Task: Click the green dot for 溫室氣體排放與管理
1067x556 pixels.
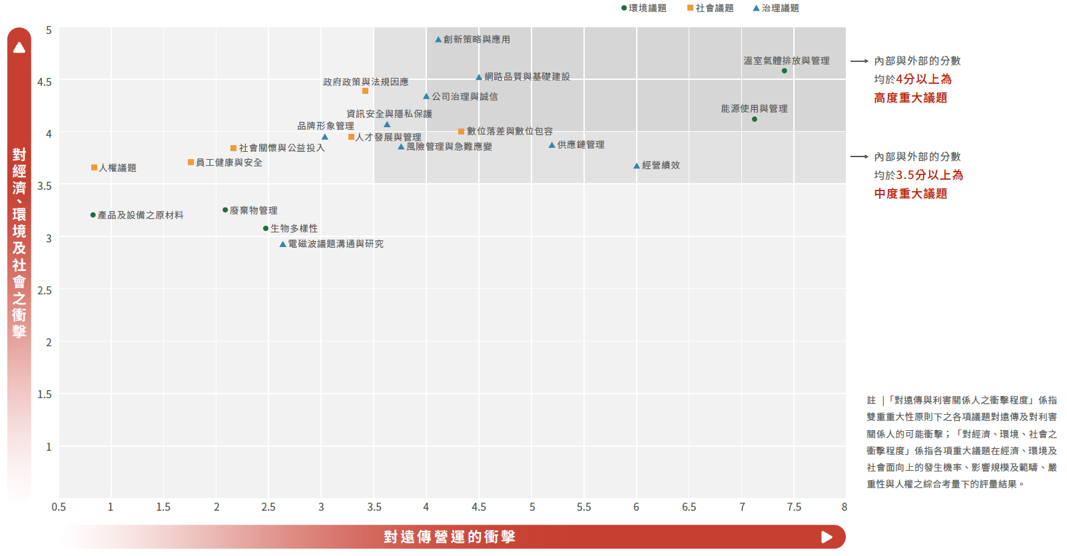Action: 784,71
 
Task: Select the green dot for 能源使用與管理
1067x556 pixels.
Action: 754,119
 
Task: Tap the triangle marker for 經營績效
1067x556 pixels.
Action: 637,166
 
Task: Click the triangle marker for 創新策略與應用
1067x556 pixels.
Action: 438,40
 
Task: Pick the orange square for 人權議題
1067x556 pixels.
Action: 94,168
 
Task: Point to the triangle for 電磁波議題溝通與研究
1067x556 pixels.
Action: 283,244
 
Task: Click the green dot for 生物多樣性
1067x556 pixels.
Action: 266,228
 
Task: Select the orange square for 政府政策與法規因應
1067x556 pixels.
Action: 365,91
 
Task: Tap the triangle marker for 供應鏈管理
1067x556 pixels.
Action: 551,145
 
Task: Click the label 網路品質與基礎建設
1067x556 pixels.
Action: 527,77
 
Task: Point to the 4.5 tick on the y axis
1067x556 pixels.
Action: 45,82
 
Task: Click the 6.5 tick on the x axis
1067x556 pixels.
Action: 689,507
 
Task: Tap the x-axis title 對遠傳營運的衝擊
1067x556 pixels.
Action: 450,537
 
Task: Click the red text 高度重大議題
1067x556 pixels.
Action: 910,98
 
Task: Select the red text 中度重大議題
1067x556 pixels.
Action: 910,194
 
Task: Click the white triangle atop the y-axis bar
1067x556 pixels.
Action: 19,47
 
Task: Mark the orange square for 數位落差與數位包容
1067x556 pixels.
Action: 461,132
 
